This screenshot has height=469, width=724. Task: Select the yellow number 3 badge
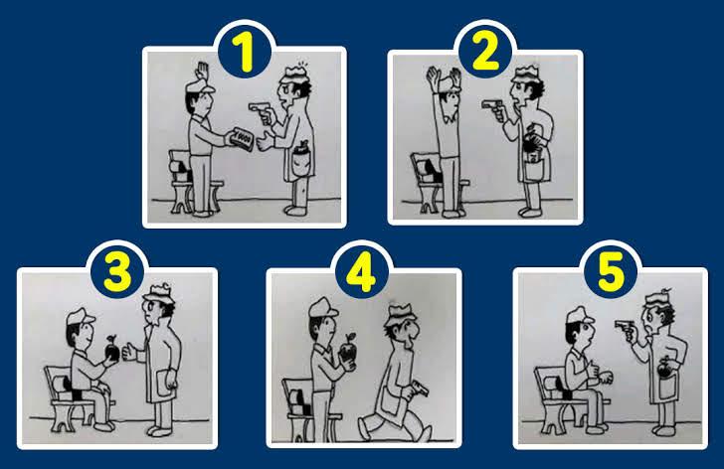117,270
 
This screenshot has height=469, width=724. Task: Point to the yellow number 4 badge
363,270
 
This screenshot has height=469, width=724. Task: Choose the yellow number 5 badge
609,270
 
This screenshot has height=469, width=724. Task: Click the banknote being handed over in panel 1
241,138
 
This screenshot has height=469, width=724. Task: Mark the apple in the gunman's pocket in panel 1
298,156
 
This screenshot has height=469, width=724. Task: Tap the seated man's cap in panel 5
580,318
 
